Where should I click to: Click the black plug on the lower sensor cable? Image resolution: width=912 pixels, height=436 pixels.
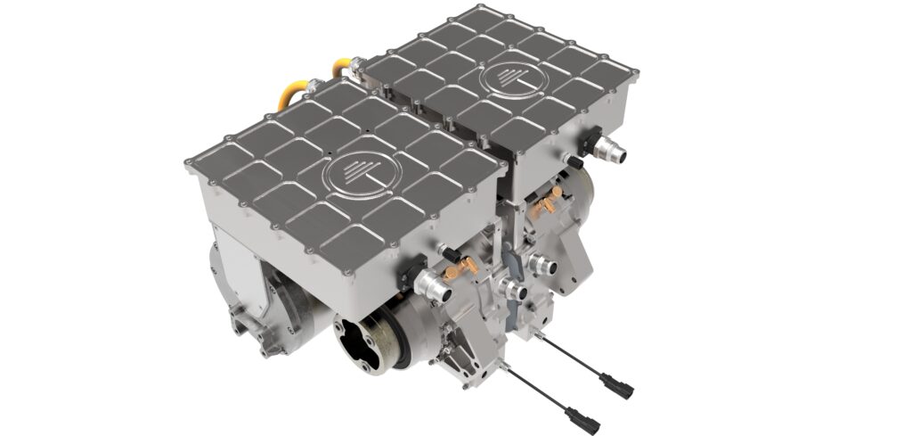pos(575,415)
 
